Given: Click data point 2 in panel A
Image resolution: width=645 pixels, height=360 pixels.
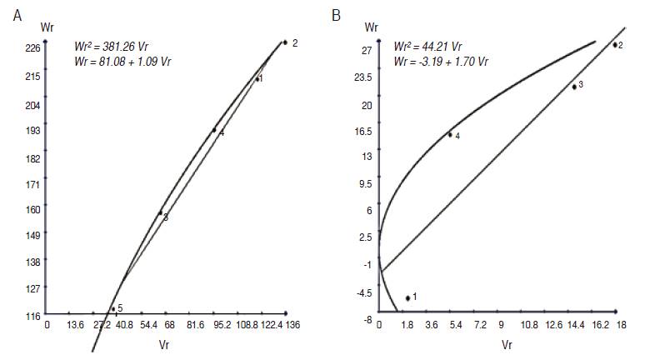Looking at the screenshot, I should [285, 42].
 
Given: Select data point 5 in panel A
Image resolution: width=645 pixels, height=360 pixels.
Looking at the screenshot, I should [113, 309].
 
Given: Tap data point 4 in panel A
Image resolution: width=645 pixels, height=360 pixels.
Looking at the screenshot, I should [214, 130].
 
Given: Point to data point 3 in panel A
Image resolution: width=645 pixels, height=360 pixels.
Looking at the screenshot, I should [161, 213].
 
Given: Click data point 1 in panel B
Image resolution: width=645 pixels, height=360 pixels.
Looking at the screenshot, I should [407, 297].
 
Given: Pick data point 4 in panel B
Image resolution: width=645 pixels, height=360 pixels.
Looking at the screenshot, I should [450, 134].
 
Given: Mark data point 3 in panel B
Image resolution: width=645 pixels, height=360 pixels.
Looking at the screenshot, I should [574, 87].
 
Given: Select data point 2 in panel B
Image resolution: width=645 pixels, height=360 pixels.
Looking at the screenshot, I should [615, 45].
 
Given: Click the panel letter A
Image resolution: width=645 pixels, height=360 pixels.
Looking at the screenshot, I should [16, 15].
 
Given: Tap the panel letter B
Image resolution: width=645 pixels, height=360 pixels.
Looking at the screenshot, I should [336, 15].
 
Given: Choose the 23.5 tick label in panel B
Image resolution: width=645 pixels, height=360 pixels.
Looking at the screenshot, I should [362, 77].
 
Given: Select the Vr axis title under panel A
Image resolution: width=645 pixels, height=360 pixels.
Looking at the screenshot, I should [164, 343].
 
